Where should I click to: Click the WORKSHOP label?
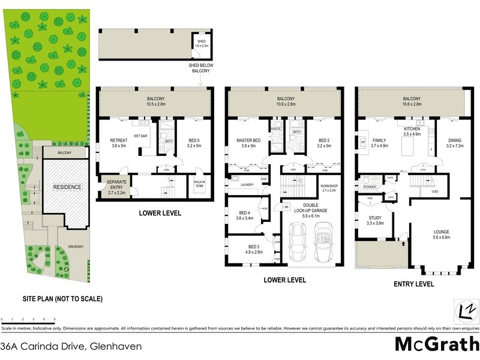tap(330, 187)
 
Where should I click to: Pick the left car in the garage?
tap(297, 242)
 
